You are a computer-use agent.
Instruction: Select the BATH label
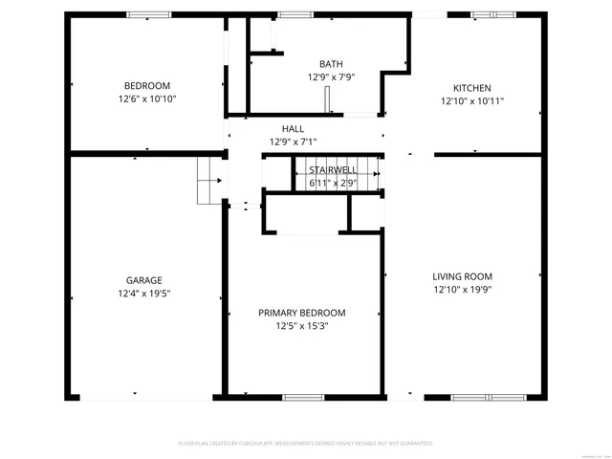(x=331, y=64)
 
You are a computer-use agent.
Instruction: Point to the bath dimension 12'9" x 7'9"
(x=331, y=77)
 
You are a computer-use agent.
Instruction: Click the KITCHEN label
(x=471, y=86)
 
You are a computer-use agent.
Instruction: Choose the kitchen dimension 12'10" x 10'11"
(x=471, y=99)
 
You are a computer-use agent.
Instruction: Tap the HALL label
(x=293, y=128)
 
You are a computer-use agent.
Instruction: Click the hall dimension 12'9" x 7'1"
(x=293, y=142)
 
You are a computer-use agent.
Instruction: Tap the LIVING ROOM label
(x=462, y=276)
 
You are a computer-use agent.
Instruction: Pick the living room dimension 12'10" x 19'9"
(x=462, y=290)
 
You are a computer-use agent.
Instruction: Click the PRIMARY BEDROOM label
(x=301, y=313)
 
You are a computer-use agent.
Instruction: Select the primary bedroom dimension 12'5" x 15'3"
(x=301, y=326)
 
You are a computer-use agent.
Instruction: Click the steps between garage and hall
(x=210, y=181)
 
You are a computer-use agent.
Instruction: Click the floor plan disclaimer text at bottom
(x=306, y=444)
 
